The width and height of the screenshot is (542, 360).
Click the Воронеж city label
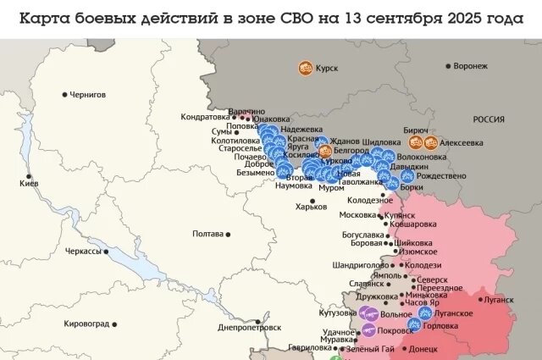point(470,65)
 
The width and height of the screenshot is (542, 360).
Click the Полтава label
point(207,234)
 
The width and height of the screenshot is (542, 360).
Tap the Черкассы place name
point(84,252)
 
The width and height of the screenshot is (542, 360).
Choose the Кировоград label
point(86,324)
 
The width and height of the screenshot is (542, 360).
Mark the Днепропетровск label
point(249,327)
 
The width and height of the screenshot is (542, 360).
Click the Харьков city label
point(310,207)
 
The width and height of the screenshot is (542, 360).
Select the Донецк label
point(423,348)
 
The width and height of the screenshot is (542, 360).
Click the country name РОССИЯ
point(489,119)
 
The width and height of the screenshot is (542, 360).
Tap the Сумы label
point(220,131)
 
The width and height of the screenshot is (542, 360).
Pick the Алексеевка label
point(462,142)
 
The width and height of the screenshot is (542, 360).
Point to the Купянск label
point(399,216)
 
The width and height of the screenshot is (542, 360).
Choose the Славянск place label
point(366,284)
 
